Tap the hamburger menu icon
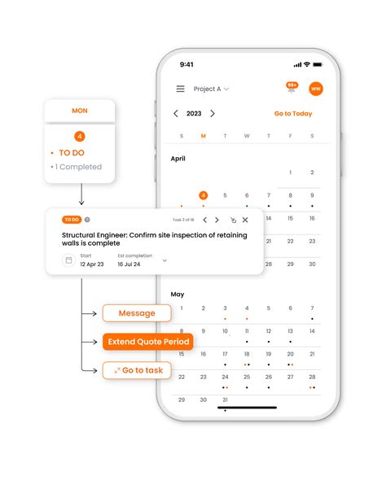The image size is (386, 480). (x=180, y=89)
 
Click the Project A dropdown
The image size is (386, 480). (x=211, y=89)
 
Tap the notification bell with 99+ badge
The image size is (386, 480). (x=291, y=88)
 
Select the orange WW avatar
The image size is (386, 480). (x=315, y=89)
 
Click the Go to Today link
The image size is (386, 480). (x=292, y=114)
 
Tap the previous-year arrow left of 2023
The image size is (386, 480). (x=176, y=114)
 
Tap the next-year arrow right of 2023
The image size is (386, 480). (x=213, y=114)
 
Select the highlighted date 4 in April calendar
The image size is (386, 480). (x=203, y=195)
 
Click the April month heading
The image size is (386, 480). (x=178, y=159)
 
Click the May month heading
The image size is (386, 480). (x=177, y=294)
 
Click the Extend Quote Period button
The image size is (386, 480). (x=147, y=342)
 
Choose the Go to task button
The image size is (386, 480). (x=137, y=370)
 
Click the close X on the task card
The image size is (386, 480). (x=245, y=220)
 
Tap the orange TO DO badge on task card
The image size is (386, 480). (x=72, y=220)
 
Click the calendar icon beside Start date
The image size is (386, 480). (x=68, y=260)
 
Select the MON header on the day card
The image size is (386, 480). (x=80, y=111)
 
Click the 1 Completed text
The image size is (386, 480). (x=78, y=167)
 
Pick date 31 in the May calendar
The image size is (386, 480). (x=225, y=399)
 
